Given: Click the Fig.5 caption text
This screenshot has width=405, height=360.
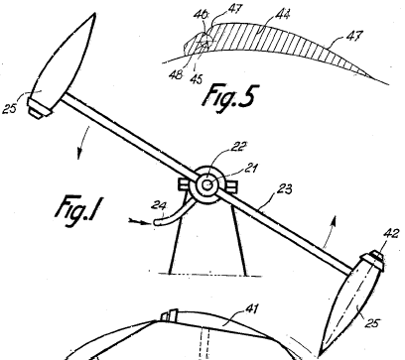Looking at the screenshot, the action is pyautogui.click(x=229, y=97).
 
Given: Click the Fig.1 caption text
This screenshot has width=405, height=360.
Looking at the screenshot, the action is pyautogui.click(x=77, y=211).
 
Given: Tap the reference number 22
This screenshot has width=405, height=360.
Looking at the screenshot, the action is pyautogui.click(x=238, y=146).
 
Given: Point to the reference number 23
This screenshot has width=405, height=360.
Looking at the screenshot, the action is pyautogui.click(x=284, y=189).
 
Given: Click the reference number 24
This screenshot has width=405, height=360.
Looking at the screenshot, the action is pyautogui.click(x=158, y=205).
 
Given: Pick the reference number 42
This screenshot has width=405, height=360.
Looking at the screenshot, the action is pyautogui.click(x=392, y=233).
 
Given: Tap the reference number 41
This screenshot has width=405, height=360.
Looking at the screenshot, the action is pyautogui.click(x=251, y=308).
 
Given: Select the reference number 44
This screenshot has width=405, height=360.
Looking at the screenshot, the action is pyautogui.click(x=283, y=15).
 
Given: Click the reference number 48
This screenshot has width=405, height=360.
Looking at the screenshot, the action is pyautogui.click(x=176, y=75).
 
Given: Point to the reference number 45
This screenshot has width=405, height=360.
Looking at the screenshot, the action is pyautogui.click(x=196, y=79).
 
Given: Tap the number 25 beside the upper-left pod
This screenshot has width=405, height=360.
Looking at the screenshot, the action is pyautogui.click(x=9, y=109).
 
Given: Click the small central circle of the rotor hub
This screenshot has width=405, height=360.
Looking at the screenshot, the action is pyautogui.click(x=207, y=184).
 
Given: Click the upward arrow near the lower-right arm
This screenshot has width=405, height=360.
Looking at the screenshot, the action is pyautogui.click(x=331, y=231).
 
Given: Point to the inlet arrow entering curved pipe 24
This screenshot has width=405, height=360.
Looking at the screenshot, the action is pyautogui.click(x=139, y=221).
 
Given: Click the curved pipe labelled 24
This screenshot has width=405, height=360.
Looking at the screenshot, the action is pyautogui.click(x=175, y=214).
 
